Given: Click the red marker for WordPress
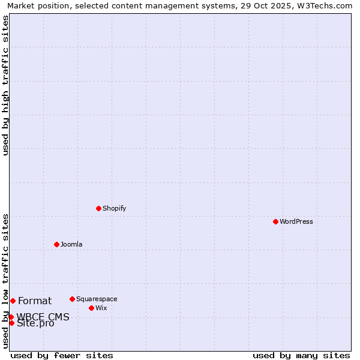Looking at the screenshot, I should pos(275,221).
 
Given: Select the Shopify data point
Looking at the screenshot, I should pos(98,208).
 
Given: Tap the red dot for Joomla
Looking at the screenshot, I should pos(56,244).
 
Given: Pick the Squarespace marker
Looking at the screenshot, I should pos(72,299).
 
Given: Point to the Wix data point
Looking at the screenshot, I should pos(91,308).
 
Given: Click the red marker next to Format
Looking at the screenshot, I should pos(13,301).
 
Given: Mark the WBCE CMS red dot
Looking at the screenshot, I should pos(11,317).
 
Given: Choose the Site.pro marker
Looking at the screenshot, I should pos(11,323).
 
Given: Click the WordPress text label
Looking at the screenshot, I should pos(296,222).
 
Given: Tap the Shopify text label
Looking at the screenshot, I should pos(114,209).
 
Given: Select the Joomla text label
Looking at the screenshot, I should pos(71,245).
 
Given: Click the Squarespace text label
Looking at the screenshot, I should pos(97,299).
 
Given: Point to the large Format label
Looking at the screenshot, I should pos(35,301).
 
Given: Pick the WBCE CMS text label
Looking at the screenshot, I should pos(43,317).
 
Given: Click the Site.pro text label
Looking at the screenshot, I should pos(35,324).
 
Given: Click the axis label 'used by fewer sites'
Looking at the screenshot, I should pos(62,356).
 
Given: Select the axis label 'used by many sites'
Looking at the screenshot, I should pos(301,356).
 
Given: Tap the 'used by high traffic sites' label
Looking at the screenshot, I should pos(5,85).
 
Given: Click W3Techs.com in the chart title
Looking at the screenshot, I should pos(324,5).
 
